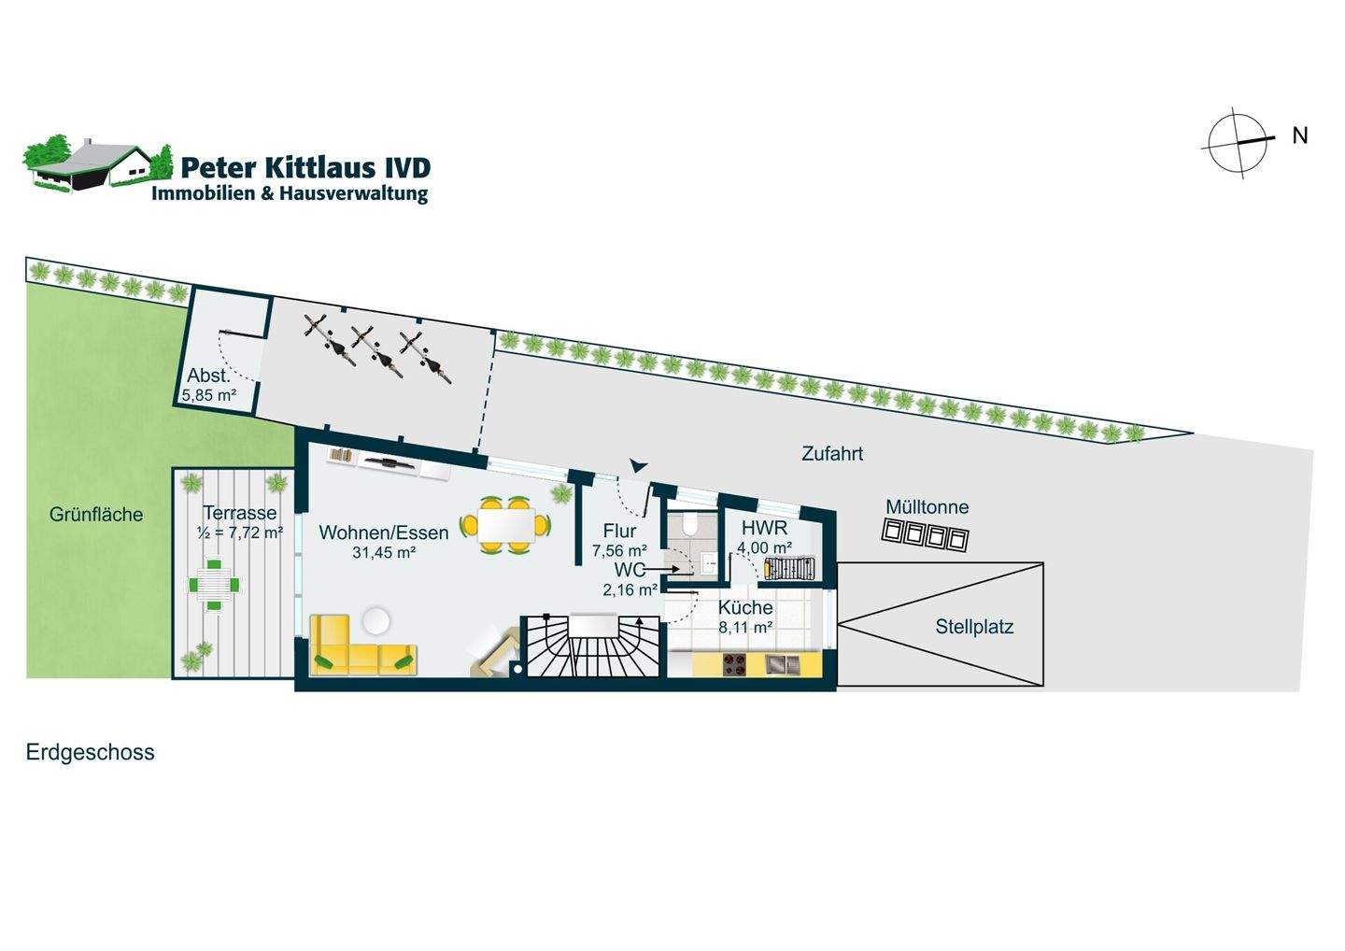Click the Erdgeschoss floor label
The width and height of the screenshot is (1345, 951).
(91, 752)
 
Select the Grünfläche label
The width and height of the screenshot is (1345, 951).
(96, 514)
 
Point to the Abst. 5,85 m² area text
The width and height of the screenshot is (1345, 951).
(209, 395)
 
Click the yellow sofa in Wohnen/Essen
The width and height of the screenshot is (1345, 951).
(361, 646)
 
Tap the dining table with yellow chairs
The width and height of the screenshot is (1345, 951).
(505, 526)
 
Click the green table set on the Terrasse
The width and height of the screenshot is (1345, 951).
(214, 585)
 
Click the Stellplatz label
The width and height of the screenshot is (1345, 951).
(974, 627)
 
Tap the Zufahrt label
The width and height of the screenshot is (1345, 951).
(832, 454)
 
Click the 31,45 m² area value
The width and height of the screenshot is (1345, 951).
(383, 552)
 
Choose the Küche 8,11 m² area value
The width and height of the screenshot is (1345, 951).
(744, 628)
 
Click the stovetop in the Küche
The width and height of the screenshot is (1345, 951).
(733, 664)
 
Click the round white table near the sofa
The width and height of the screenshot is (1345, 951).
(377, 620)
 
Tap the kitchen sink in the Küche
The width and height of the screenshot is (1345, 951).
(778, 664)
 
